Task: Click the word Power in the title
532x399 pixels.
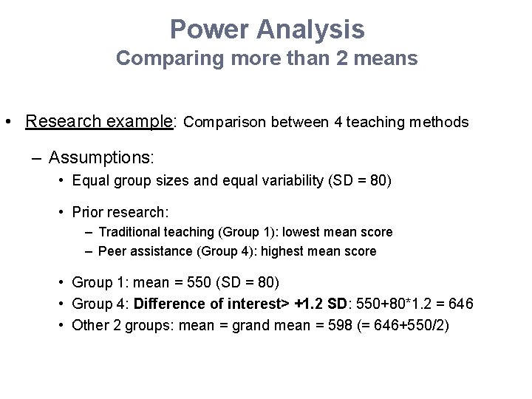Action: [x=210, y=30]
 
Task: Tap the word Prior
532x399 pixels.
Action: [x=87, y=213]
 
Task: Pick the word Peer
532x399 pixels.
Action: [x=112, y=251]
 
